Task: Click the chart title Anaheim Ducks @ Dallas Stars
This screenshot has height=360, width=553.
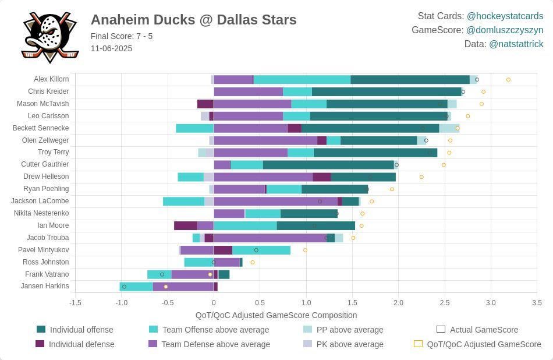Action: click(x=193, y=20)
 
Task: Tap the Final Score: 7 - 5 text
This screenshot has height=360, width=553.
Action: click(x=122, y=36)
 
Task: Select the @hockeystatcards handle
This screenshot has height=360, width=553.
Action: click(x=505, y=16)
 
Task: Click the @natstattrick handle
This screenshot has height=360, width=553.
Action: click(x=516, y=44)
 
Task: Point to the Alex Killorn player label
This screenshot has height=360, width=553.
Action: click(x=51, y=79)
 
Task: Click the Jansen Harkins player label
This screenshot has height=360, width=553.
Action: click(x=45, y=286)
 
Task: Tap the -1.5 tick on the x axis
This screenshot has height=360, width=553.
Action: click(x=75, y=303)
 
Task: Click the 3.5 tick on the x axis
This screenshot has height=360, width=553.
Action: click(x=537, y=303)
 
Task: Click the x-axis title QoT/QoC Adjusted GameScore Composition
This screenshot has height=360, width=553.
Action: click(x=276, y=315)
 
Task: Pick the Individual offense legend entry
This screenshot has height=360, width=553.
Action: click(x=81, y=330)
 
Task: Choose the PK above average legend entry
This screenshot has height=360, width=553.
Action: click(x=350, y=344)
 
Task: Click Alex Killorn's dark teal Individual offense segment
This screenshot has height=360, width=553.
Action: click(x=410, y=80)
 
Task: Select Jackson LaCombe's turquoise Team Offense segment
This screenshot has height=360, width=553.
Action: click(x=183, y=201)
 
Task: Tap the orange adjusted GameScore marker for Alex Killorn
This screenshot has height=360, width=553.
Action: click(x=508, y=80)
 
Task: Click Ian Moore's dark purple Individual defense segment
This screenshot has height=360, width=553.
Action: click(x=185, y=225)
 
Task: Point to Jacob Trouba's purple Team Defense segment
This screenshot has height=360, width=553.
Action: click(x=270, y=238)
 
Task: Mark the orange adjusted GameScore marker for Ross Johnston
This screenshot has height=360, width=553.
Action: click(x=253, y=262)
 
